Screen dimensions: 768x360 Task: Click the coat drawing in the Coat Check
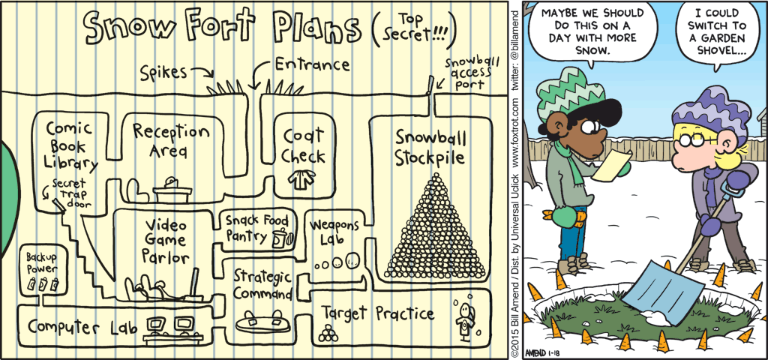coord(300,180)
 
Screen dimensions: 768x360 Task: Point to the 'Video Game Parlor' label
coord(166,241)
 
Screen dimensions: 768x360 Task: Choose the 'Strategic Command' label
coord(262,284)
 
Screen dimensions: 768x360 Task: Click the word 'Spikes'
coord(163,73)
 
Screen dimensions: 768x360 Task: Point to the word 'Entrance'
coord(311,65)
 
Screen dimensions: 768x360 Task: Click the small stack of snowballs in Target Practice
coord(328,334)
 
